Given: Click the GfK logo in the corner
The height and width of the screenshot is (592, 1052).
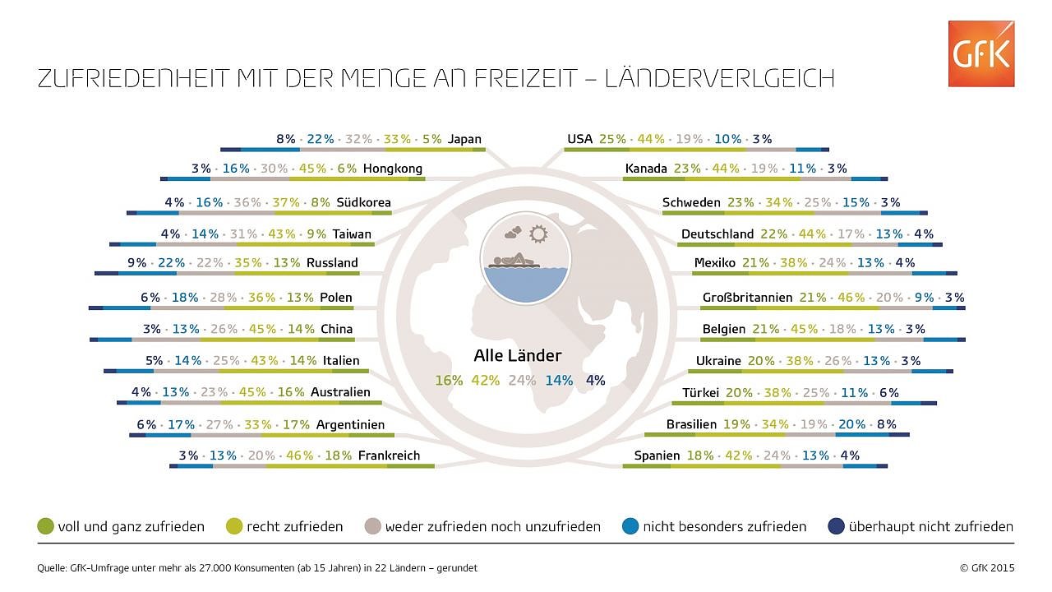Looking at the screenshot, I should (x=980, y=53).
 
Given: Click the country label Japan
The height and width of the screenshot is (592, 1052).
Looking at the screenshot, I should (x=464, y=139).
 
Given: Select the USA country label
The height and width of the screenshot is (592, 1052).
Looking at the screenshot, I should (x=579, y=139).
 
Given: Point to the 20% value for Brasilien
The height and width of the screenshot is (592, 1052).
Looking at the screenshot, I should (x=851, y=424).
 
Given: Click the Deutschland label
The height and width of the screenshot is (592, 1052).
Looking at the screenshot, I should (x=717, y=234).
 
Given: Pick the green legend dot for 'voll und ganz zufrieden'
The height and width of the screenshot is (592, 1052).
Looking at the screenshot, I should (x=46, y=526).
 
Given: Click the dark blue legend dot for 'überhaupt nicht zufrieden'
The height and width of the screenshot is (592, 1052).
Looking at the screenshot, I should (x=837, y=526).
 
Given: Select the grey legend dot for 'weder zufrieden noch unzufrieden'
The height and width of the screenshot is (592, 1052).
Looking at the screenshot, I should (x=373, y=526).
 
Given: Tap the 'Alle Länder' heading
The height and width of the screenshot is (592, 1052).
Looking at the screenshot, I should (x=518, y=356).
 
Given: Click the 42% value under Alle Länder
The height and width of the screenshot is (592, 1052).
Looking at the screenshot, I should (x=485, y=381).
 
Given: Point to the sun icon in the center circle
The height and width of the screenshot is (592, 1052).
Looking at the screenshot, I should (x=539, y=234).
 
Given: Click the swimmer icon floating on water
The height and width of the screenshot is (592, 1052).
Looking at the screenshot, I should (x=514, y=261).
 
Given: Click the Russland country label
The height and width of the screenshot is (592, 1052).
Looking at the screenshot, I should (x=332, y=263).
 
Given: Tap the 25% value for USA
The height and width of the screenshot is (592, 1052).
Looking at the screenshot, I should (x=612, y=139).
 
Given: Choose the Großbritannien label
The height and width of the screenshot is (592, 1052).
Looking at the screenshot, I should (x=747, y=298).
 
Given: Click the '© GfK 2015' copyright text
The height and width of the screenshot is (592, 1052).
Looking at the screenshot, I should (x=986, y=567).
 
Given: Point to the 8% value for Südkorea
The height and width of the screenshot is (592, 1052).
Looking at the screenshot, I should (x=321, y=202).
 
